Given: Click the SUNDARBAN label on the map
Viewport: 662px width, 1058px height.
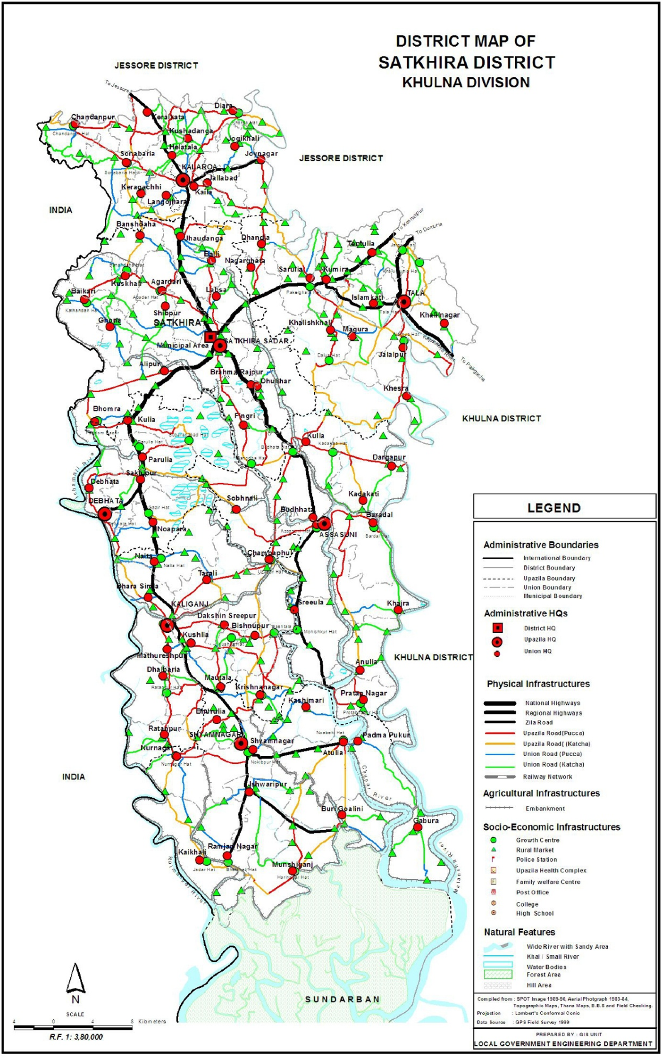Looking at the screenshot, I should (x=342, y=999).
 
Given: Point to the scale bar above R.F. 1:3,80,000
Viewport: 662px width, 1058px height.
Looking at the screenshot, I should (x=73, y=1027).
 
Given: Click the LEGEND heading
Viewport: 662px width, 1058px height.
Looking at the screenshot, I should (x=554, y=508).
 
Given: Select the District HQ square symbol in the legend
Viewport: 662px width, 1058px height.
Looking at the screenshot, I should (x=497, y=628).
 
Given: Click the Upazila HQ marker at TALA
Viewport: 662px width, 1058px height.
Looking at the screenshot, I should (x=403, y=302).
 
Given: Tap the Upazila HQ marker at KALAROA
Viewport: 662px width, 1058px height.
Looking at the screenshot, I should (x=183, y=180).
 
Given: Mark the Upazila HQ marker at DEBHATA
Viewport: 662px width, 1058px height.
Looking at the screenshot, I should (x=105, y=513).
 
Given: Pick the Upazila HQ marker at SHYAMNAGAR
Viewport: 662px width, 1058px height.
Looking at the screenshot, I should (x=241, y=744).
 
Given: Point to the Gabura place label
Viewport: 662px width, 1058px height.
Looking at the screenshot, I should (x=426, y=820).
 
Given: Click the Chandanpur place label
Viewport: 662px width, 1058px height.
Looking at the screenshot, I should (x=93, y=117).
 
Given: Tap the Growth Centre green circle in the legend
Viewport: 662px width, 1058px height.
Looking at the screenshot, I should (x=494, y=840).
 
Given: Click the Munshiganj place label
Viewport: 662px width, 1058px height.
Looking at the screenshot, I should (x=293, y=864).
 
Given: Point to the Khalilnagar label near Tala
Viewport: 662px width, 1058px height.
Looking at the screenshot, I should (x=440, y=315).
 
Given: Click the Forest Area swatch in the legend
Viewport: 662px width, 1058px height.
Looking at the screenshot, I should (x=498, y=974).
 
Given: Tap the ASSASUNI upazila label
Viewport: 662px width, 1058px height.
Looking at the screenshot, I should (x=338, y=535).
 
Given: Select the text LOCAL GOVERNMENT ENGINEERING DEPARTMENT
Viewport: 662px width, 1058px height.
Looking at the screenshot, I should (x=563, y=1044).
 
